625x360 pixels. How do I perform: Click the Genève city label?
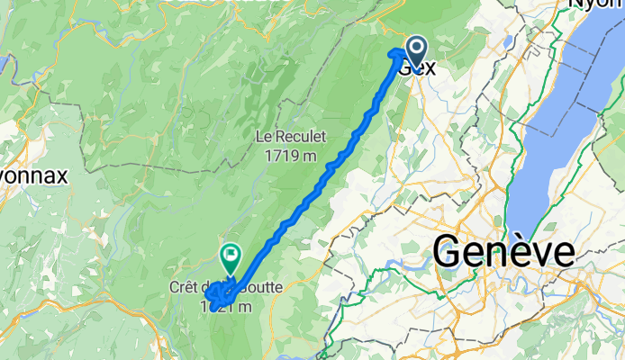click(504, 251)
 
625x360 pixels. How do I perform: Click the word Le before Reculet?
click(264, 138)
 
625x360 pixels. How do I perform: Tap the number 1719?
click(282, 156)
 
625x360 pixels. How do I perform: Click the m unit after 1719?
click(309, 156)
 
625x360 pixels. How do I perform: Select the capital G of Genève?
click(448, 251)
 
